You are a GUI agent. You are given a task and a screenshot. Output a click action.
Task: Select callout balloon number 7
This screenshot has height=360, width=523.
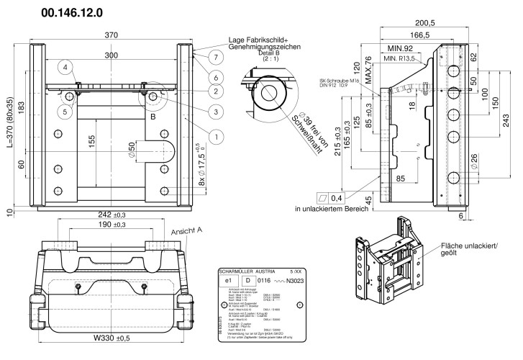(214, 56)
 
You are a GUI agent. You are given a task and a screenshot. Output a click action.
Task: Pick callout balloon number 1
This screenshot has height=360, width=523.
(214, 134)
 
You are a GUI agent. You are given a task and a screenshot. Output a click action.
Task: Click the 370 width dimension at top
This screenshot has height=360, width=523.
(112, 35)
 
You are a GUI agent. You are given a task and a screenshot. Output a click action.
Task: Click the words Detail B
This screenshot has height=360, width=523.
(272, 53)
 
